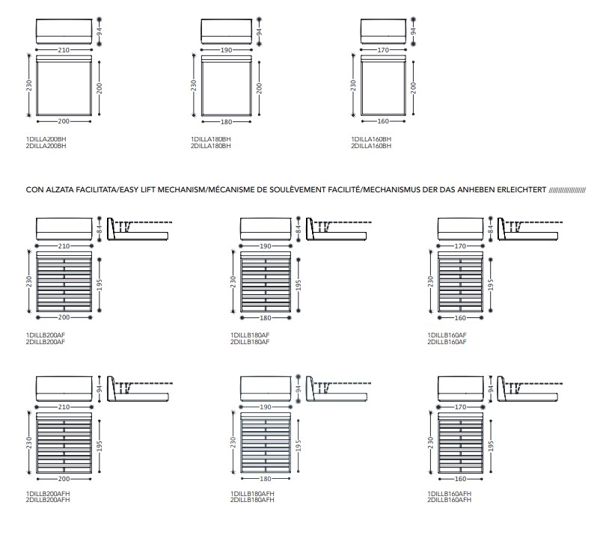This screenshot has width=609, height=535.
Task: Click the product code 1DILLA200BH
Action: pyautogui.click(x=46, y=139)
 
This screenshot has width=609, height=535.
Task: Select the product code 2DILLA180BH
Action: pyautogui.click(x=210, y=146)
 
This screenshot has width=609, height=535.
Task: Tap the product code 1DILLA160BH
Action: pyautogui.click(x=371, y=139)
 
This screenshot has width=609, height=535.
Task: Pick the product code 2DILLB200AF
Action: pyautogui.click(x=46, y=342)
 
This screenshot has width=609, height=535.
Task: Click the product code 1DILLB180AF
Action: pyautogui.click(x=250, y=335)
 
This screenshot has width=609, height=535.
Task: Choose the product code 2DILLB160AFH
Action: pyautogui.click(x=450, y=500)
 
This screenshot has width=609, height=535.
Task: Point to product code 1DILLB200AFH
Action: pyautogui.click(x=48, y=493)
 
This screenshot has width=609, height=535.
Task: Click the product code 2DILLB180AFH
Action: pyautogui.click(x=252, y=500)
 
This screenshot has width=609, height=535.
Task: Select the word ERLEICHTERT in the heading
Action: pyautogui.click(x=521, y=190)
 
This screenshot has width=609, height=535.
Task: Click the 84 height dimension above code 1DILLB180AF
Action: pyautogui.click(x=299, y=229)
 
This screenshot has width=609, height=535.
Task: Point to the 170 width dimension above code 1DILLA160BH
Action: pyautogui.click(x=383, y=49)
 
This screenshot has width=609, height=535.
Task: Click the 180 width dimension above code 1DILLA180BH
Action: pyautogui.click(x=226, y=122)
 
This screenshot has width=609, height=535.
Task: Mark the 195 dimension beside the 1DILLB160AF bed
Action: pyautogui.click(x=491, y=285)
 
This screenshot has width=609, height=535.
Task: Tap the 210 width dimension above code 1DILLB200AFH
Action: pyautogui.click(x=64, y=407)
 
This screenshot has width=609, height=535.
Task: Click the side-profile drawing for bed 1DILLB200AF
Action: pyautogui.click(x=139, y=229)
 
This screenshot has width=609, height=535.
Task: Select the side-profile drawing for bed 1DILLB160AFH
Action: pyautogui.click(x=530, y=388)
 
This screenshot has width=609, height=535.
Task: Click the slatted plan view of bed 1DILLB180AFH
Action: pyautogui.click(x=266, y=443)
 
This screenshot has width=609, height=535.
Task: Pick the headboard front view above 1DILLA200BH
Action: pyautogui.click(x=64, y=31)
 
